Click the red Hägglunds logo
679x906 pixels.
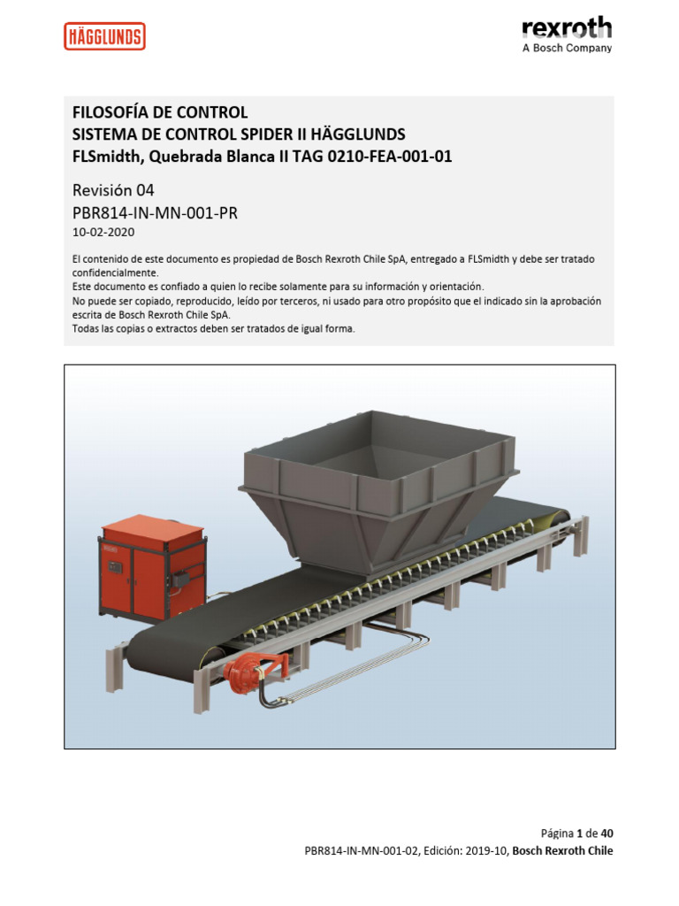point(104,36)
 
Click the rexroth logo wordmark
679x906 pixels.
point(567,27)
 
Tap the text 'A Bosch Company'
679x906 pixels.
point(567,48)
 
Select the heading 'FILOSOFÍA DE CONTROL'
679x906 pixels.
point(159,112)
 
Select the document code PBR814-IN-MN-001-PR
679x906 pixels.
point(155,212)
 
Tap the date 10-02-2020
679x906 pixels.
point(104,232)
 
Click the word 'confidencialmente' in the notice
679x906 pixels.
point(114,273)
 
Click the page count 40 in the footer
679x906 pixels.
point(607,833)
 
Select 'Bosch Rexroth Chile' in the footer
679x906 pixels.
point(562,851)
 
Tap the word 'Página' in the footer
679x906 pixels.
point(556,833)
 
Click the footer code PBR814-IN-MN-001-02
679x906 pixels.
point(361,851)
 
